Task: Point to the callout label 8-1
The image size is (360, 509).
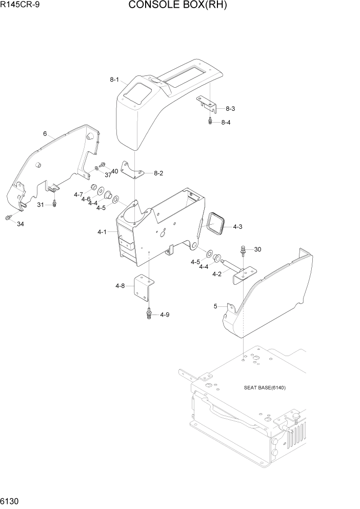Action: pyautogui.click(x=114, y=80)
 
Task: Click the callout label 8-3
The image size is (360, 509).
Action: pyautogui.click(x=230, y=108)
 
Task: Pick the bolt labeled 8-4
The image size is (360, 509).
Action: pyautogui.click(x=210, y=121)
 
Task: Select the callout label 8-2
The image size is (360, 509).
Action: pyautogui.click(x=158, y=173)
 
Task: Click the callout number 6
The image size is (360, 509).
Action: pyautogui.click(x=45, y=134)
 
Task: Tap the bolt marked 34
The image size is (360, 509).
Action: pyautogui.click(x=8, y=218)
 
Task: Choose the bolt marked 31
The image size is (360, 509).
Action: pyautogui.click(x=54, y=204)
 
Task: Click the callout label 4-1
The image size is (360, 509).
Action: pyautogui.click(x=102, y=232)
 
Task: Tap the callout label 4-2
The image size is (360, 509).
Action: pyautogui.click(x=217, y=274)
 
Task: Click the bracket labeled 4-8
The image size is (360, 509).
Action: pyautogui.click(x=142, y=289)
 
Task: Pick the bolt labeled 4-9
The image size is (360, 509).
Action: pyautogui.click(x=149, y=313)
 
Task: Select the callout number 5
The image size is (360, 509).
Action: pyautogui.click(x=215, y=307)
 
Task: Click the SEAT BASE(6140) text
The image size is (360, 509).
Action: pyautogui.click(x=265, y=387)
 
